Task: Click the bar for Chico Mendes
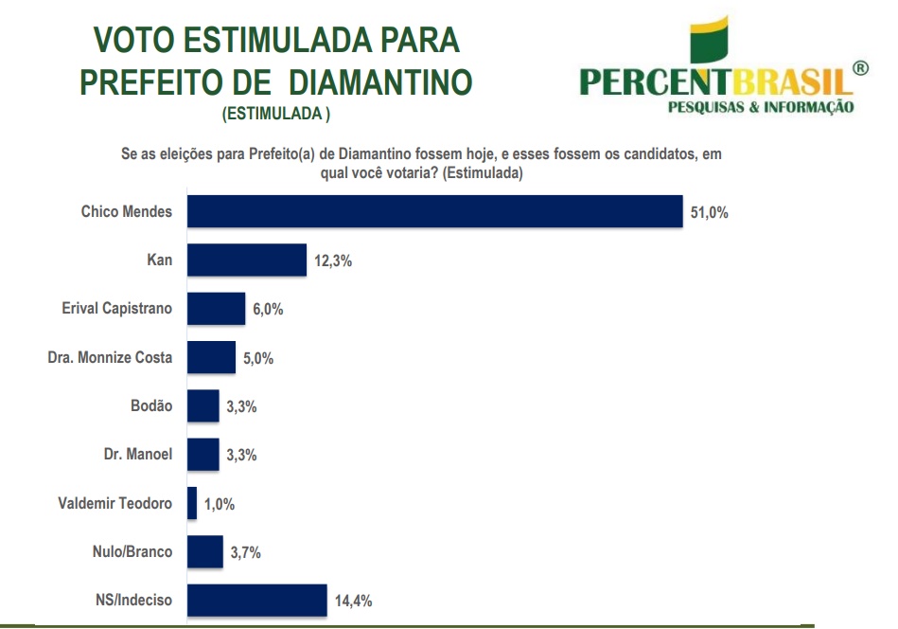coord(434,212)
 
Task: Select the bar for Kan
coord(247,261)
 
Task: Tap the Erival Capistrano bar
coord(216,309)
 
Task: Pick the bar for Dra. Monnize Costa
coord(211,357)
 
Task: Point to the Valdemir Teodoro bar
coord(192,503)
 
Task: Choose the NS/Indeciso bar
coord(256,601)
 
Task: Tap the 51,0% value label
coord(710,213)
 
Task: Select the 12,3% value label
coord(333,261)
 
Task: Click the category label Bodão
coord(151,405)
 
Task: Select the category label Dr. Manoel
coord(138,454)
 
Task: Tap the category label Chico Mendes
coord(127,211)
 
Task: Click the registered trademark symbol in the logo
coord(859,68)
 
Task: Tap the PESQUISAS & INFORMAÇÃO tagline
coord(761,107)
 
